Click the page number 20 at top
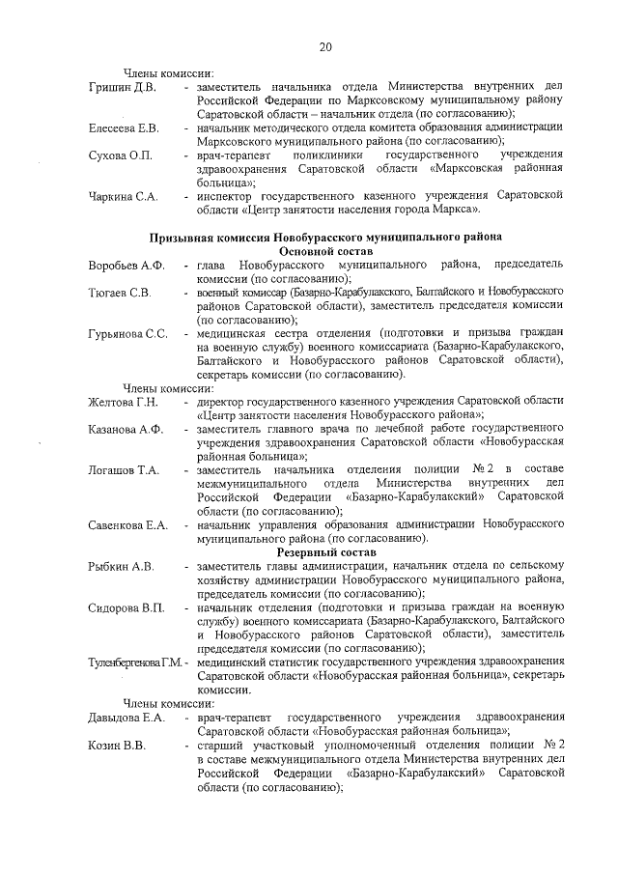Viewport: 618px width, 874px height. pos(325,46)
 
